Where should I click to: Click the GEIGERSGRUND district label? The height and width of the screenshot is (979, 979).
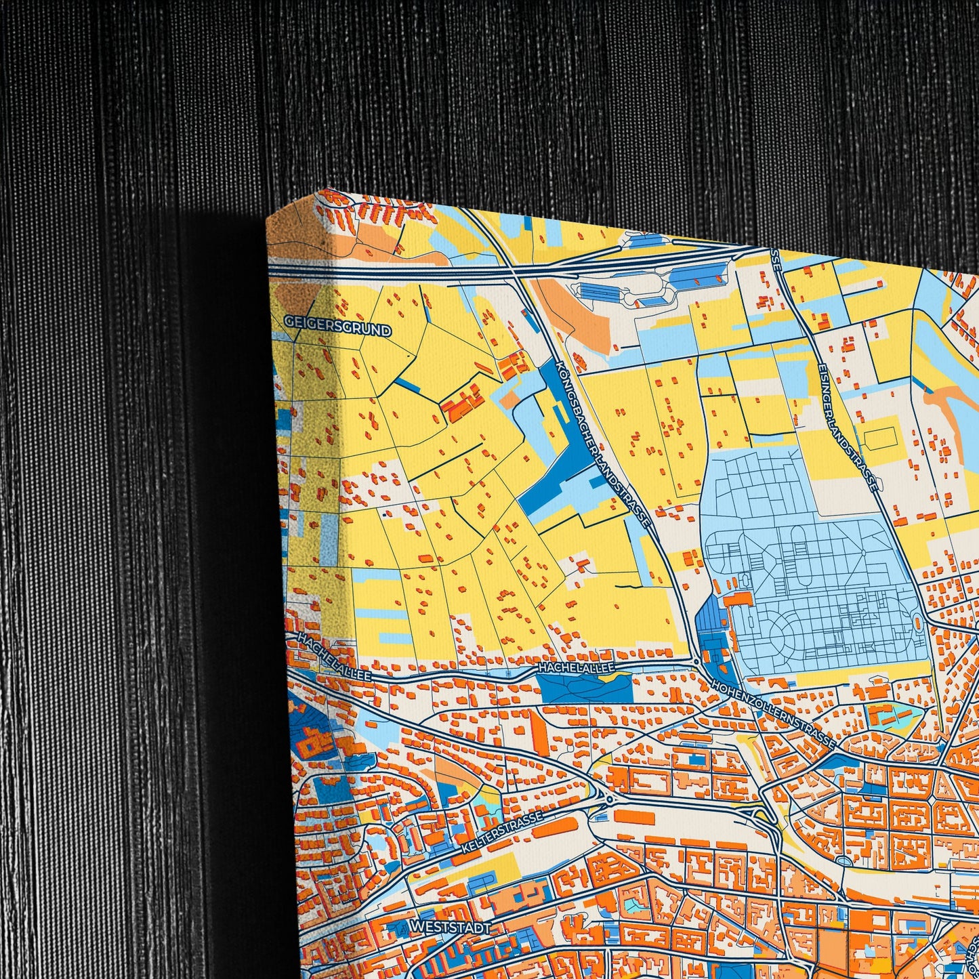[338, 326]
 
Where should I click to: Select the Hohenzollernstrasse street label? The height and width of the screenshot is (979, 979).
[772, 713]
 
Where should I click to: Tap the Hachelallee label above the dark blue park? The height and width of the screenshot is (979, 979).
[576, 668]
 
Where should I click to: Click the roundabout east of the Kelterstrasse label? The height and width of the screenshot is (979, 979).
[609, 799]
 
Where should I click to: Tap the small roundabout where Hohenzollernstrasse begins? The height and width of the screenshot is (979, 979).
[696, 661]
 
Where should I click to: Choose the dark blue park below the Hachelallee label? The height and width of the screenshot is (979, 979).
[586, 688]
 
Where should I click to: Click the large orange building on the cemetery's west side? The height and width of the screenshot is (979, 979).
[739, 600]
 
